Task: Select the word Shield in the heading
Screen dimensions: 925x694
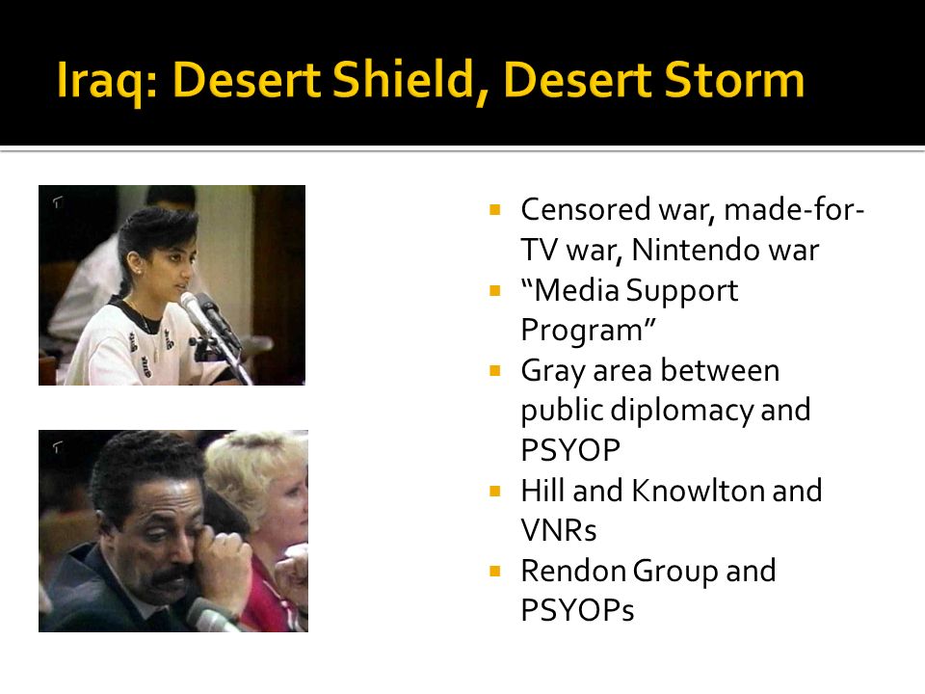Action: coord(403,78)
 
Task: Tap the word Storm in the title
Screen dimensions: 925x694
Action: coord(734,80)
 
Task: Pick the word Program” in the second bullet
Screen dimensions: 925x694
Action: coord(588,331)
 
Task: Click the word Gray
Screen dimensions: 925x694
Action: coord(553,372)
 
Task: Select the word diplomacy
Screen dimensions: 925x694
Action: coord(682,411)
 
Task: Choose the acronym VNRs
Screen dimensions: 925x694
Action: coord(559,530)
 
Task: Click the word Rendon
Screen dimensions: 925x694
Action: coord(573,571)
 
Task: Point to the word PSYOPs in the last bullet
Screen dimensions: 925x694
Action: coord(577,610)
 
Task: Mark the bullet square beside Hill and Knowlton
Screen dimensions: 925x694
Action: coord(495,491)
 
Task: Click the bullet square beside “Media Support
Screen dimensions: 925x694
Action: coord(495,290)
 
